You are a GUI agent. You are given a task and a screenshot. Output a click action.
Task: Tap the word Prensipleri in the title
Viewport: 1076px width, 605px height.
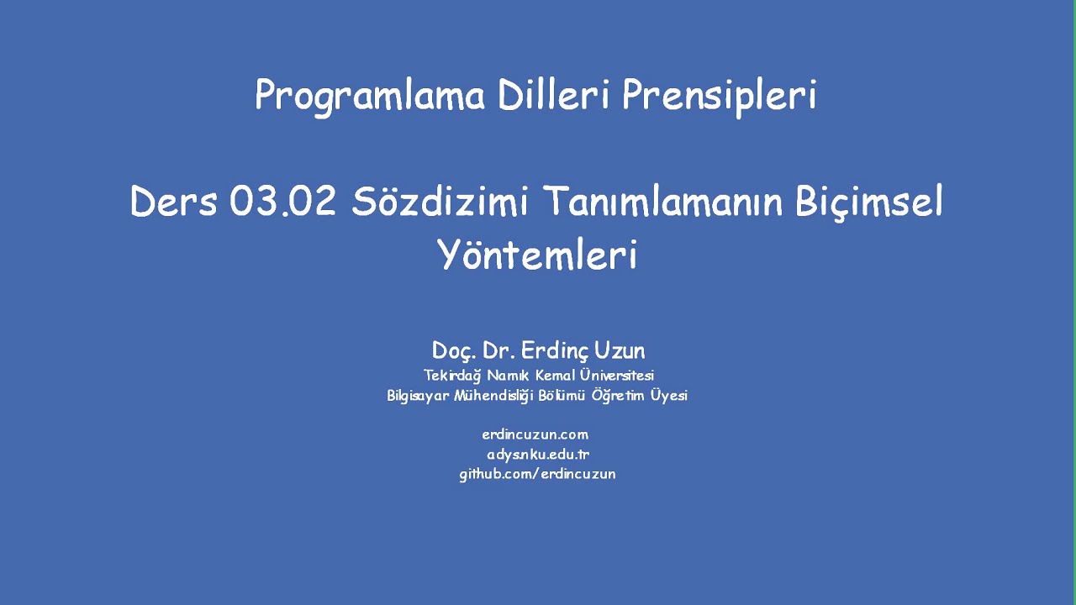click(719, 96)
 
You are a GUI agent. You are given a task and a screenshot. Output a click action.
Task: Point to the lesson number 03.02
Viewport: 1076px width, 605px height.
click(282, 203)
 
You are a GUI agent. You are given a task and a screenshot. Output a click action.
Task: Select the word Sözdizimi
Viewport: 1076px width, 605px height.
click(439, 203)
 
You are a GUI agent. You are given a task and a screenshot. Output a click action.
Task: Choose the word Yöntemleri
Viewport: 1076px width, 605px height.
click(537, 255)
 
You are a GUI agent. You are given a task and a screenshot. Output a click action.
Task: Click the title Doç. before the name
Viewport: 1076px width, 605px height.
click(455, 350)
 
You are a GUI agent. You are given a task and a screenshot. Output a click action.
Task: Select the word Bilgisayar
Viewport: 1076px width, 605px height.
click(418, 396)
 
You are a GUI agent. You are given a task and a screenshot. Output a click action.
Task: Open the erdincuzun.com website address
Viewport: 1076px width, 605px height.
click(535, 434)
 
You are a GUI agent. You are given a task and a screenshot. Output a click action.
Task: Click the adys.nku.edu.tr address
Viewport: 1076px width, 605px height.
click(538, 455)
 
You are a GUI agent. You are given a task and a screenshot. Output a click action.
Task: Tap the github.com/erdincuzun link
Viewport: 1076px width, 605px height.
click(537, 474)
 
